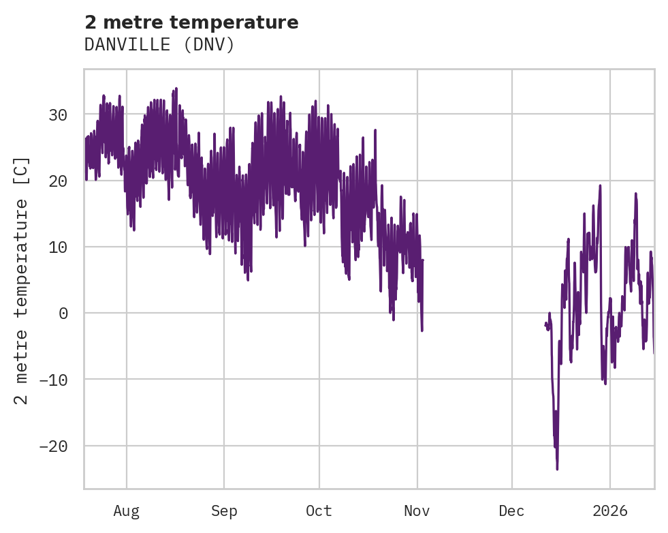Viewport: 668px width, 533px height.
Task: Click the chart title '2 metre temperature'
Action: click(191, 22)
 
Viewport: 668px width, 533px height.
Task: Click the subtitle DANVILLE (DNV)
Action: click(159, 44)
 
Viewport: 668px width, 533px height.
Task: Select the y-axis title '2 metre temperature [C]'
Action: click(22, 281)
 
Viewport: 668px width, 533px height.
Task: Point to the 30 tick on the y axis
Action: click(58, 115)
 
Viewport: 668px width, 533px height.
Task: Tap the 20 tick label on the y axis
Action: click(58, 181)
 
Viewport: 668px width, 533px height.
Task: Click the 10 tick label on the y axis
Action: click(58, 247)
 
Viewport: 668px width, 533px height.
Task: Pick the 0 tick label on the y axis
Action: click(63, 313)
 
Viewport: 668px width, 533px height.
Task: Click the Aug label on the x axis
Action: click(126, 511)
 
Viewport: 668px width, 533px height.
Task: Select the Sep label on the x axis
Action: click(223, 511)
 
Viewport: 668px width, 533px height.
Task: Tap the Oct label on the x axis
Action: click(319, 511)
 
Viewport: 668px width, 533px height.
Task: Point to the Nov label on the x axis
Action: click(417, 511)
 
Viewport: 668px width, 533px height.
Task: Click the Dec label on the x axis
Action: click(511, 511)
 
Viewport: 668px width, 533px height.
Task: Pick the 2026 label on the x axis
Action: click(609, 511)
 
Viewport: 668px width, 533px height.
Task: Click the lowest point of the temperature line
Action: click(557, 469)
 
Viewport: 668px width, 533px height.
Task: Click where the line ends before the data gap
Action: click(422, 331)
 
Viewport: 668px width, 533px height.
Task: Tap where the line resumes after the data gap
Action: click(545, 324)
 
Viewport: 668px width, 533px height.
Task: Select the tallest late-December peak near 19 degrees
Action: click(600, 185)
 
